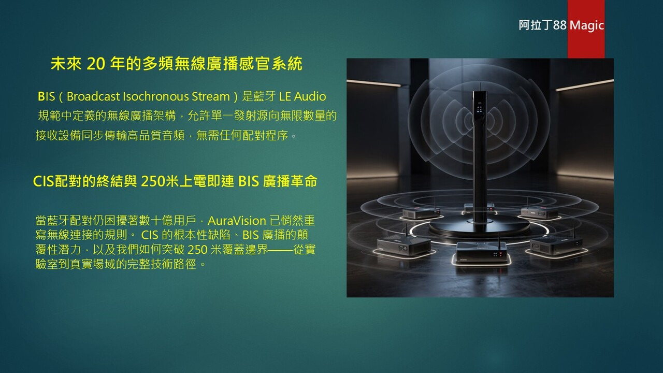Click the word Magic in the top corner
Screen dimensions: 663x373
pos(587,25)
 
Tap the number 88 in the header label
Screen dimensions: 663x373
pos(559,25)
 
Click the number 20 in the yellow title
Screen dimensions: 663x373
pos(96,64)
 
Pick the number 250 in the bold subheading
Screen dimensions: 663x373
pos(153,181)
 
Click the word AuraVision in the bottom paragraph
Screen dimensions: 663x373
pos(237,221)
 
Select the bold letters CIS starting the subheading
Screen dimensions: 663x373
pos(44,181)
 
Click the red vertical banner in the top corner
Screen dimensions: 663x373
pos(586,29)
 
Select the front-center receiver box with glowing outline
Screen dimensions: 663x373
pos(481,252)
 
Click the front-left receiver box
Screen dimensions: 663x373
pos(403,246)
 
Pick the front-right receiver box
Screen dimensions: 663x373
pos(556,246)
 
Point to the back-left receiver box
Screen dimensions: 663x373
pos(421,213)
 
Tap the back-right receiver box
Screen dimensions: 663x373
pos(539,212)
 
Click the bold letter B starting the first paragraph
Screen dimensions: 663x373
pos(40,96)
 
